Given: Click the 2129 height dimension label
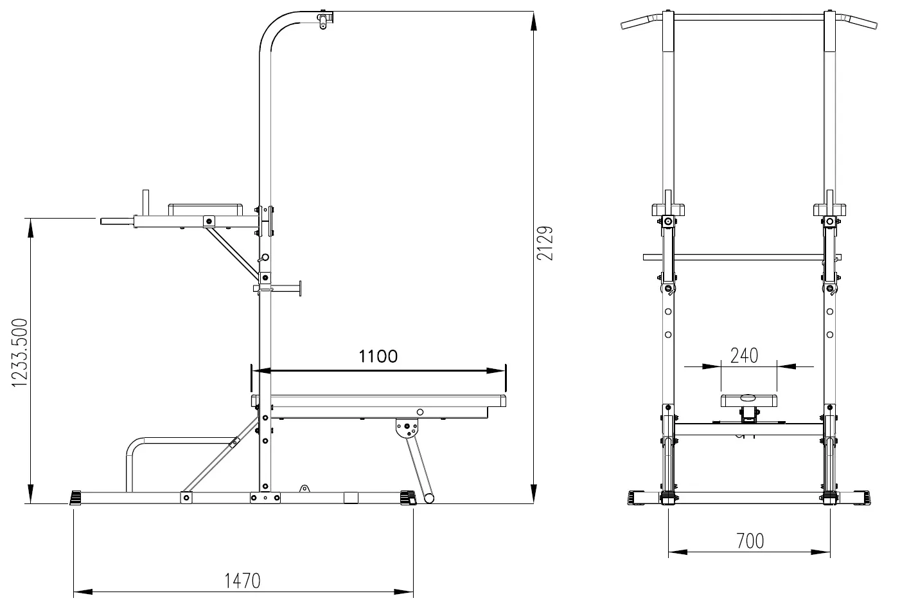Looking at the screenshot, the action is [545, 243].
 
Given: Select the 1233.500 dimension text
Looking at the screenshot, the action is [20, 353].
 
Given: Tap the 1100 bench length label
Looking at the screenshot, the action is [378, 356].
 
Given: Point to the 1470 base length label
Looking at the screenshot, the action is [242, 581].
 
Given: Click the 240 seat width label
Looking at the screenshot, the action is [744, 356].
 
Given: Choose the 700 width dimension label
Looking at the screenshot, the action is [750, 541].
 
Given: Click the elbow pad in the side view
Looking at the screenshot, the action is [206, 210].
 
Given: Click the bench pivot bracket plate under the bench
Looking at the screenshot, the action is [407, 428].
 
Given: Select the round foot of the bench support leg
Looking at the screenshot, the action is [429, 498].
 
